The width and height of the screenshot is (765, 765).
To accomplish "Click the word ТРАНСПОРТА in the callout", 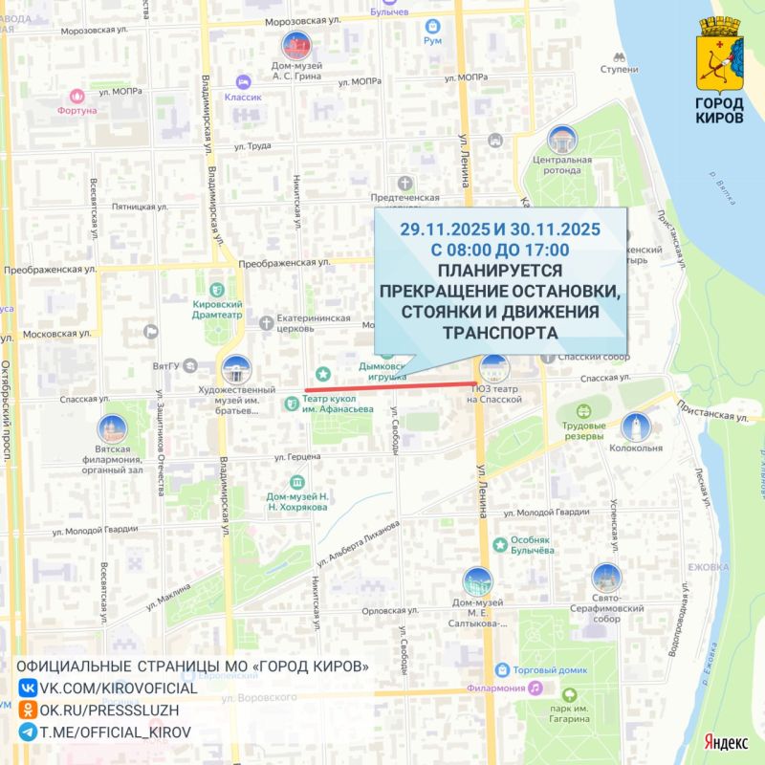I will point(499,333).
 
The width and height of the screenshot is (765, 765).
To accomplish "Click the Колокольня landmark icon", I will point(636,427).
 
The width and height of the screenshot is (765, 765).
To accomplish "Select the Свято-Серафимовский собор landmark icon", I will point(606,578).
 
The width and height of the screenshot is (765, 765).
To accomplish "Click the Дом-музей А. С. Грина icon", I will point(295,46).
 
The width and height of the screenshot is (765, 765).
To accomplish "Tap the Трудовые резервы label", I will point(583,430).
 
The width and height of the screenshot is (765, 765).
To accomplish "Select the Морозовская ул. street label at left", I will point(93,31).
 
